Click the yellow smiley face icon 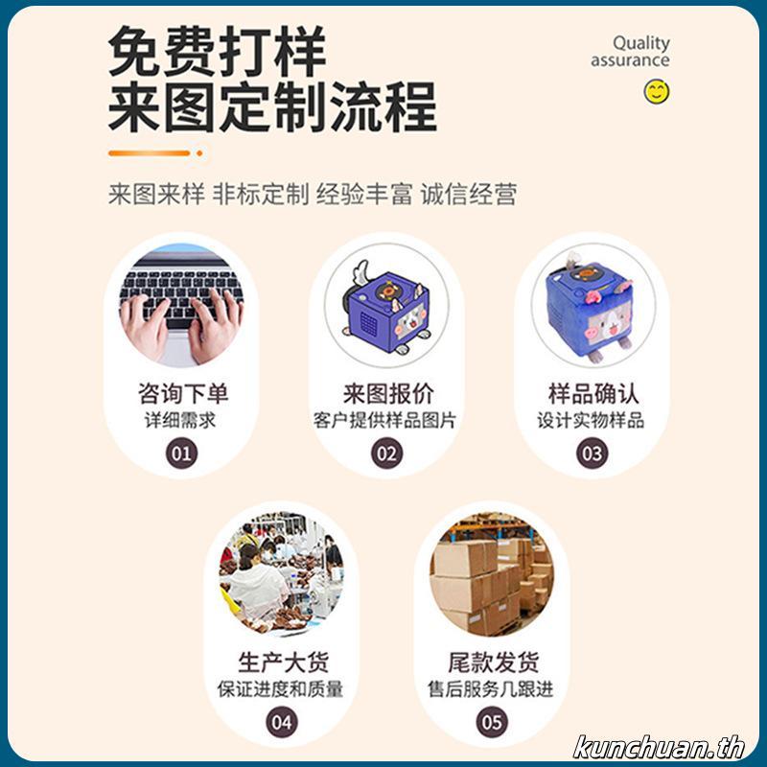coord(657,92)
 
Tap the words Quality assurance coord(631,52)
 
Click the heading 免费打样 coord(217,53)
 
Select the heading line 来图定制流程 coord(272,107)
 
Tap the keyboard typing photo coord(181,305)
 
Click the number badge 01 coord(181,453)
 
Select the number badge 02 coord(386,453)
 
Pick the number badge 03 coord(592,453)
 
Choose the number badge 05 coord(491,721)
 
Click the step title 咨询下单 coord(182,394)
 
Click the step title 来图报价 coord(387,394)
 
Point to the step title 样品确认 coord(593,394)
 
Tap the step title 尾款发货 coord(492,662)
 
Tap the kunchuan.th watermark coord(659,746)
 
